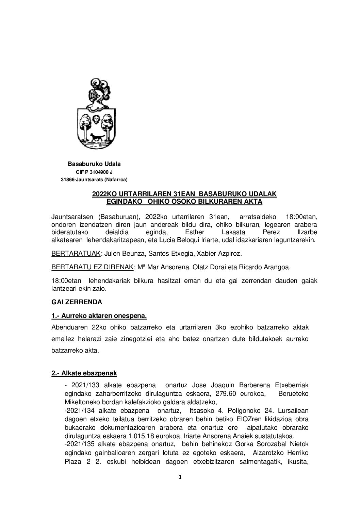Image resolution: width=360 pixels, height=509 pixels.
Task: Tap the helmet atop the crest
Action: [95, 97]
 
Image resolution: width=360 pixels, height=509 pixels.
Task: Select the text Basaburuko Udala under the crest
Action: [94, 164]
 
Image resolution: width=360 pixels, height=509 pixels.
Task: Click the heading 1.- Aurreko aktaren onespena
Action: [99, 316]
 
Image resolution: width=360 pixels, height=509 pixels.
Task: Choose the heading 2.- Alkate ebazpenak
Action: [84, 373]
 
